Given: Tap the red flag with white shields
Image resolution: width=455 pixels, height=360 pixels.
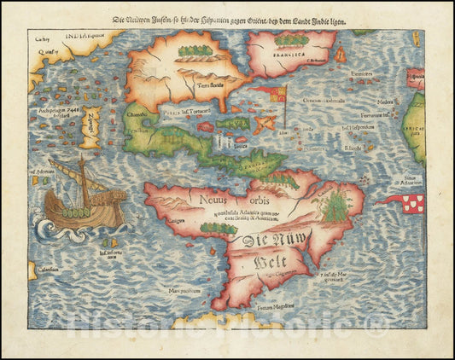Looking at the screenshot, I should click(x=409, y=201).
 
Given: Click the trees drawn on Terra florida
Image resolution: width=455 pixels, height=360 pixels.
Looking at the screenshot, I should click(x=195, y=52).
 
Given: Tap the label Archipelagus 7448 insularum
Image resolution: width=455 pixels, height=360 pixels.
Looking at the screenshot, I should click(x=61, y=112).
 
